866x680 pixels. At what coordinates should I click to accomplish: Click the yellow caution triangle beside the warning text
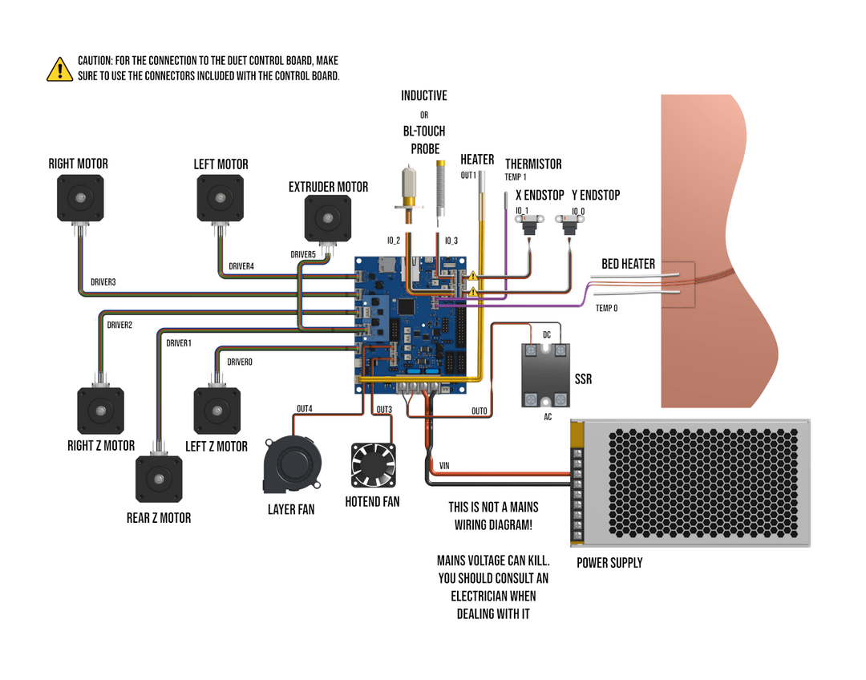59,70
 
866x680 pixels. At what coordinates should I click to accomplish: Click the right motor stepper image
80,198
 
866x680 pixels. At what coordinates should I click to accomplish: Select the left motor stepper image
221,198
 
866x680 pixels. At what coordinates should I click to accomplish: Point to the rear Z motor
159,480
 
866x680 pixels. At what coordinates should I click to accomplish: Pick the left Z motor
217,410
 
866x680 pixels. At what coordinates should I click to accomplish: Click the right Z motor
101,411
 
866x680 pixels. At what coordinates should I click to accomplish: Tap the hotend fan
374,464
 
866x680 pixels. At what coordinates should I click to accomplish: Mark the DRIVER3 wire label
103,282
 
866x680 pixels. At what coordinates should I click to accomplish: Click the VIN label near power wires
444,465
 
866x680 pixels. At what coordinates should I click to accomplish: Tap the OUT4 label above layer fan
305,409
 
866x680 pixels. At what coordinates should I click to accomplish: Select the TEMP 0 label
606,308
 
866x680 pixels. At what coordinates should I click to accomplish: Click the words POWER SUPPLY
609,563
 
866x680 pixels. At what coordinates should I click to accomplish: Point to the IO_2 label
393,241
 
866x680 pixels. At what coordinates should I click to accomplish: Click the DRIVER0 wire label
240,362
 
